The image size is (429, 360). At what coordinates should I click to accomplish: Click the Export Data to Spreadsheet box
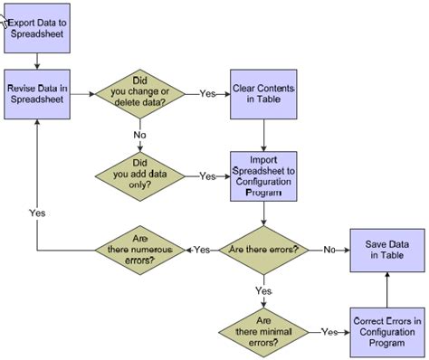(x=37, y=28)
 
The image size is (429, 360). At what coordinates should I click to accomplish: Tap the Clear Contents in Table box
(x=263, y=93)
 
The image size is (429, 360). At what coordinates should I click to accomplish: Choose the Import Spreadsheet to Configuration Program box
(x=263, y=175)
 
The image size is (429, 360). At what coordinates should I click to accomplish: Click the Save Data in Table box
(x=386, y=250)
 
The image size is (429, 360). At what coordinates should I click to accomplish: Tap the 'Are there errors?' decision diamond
(x=263, y=250)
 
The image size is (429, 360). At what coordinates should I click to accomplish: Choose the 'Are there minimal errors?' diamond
(x=263, y=330)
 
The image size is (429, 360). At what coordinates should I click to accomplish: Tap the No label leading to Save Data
(x=330, y=250)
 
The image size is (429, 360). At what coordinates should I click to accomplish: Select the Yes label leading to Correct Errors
(x=329, y=331)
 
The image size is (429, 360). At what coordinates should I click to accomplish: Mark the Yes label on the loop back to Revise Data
(x=37, y=213)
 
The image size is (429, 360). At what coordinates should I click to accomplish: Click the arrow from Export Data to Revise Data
(x=37, y=60)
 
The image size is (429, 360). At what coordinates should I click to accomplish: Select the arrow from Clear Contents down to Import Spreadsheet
(x=263, y=134)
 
